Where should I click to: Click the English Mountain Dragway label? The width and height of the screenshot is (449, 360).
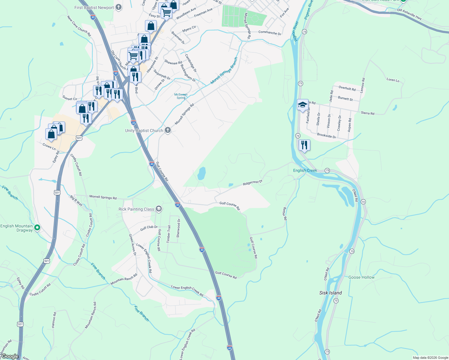point(17,228)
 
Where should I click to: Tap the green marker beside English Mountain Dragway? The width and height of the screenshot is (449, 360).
point(37,228)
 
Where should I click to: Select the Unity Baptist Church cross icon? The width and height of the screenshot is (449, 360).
point(168,130)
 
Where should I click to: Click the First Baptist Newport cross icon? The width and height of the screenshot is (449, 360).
point(119,7)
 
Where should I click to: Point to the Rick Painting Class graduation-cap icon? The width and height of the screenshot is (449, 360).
point(159,209)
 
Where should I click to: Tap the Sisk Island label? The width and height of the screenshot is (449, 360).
point(330,293)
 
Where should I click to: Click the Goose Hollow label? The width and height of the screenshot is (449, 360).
point(361,277)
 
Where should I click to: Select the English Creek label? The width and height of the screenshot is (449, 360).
point(305,170)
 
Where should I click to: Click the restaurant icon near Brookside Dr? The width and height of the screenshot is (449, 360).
point(304,145)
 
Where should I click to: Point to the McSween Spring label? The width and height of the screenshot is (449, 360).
point(181,96)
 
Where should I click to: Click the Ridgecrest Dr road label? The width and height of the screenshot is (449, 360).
point(253,182)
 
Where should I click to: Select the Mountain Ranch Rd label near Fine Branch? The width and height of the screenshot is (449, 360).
point(124,279)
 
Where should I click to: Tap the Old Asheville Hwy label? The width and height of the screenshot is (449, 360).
point(409,14)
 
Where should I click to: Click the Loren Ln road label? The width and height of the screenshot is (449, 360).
point(393,80)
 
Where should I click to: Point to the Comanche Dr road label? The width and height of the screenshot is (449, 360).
point(270,33)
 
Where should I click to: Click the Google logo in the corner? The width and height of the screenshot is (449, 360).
point(10,356)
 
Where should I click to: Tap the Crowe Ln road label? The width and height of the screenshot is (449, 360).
point(49,147)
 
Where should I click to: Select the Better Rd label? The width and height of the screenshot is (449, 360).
point(285,214)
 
